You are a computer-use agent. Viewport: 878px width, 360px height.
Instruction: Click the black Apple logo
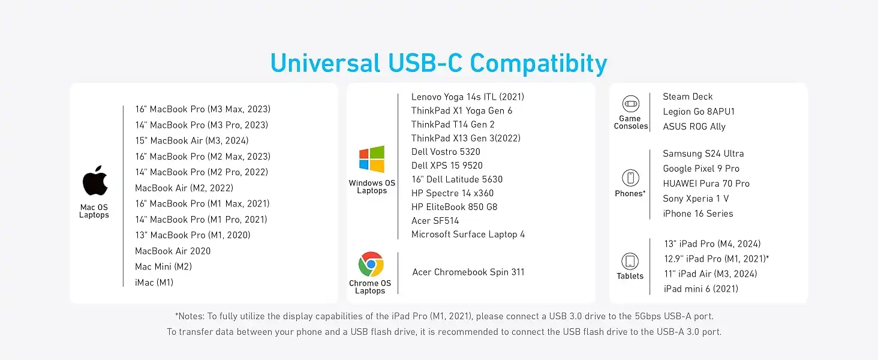coord(95,181)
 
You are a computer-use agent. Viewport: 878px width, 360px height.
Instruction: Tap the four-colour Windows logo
coord(372,159)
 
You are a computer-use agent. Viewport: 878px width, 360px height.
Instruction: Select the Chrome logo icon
coord(371,264)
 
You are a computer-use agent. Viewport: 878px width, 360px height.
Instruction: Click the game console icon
coord(631,104)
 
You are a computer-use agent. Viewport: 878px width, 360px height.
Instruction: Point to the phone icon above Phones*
coord(630,178)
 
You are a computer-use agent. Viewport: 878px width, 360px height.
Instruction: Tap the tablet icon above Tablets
coord(630,261)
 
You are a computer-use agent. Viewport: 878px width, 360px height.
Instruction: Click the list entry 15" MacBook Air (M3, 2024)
coord(192,141)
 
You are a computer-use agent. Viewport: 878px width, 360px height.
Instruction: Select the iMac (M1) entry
coord(154,283)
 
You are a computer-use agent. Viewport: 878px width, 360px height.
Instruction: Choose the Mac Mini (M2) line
coord(164,266)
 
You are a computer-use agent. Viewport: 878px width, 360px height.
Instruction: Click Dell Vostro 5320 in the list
coord(446,152)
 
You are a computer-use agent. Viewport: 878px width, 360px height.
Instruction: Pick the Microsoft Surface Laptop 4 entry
coord(468,235)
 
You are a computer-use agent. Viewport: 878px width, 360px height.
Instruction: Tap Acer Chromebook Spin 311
coord(468,272)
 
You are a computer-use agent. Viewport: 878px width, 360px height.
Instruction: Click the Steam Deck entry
coord(687,97)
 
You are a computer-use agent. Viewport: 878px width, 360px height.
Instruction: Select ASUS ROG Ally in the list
coord(694,127)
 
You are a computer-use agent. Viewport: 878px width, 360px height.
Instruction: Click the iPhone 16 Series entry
coord(698,214)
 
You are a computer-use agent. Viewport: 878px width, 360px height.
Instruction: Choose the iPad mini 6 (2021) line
coord(701,289)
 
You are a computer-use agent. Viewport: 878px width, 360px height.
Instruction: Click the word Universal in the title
coord(325,63)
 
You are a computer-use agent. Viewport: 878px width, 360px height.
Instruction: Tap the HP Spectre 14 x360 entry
coord(452,193)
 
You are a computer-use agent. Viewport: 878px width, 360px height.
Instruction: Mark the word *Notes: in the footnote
coord(190,316)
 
